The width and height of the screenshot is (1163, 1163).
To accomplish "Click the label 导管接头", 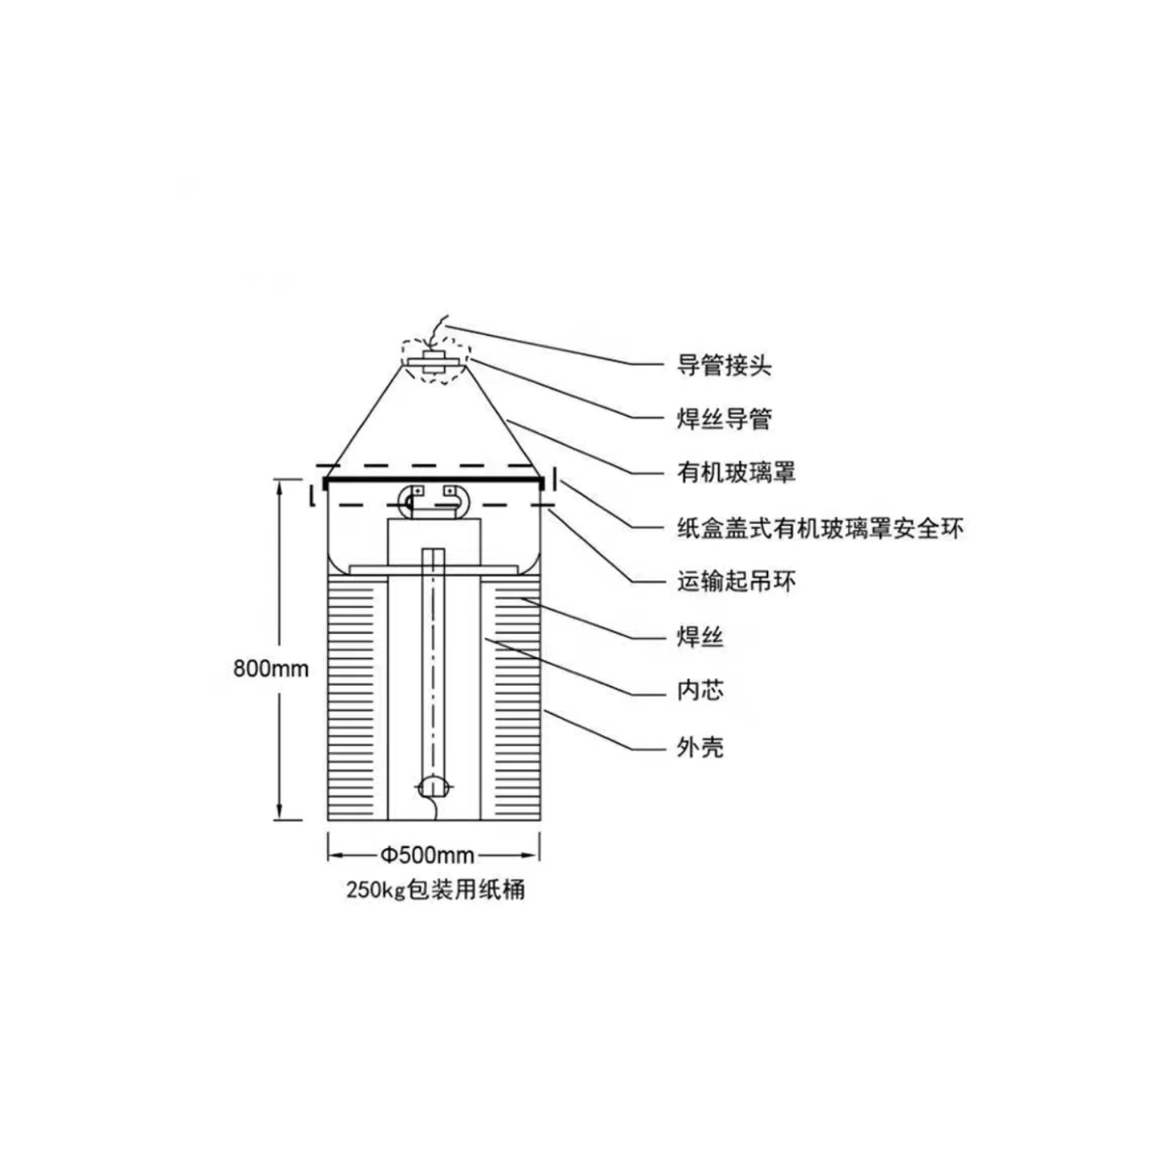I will [724, 366].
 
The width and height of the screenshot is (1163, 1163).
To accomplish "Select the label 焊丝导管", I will [724, 419].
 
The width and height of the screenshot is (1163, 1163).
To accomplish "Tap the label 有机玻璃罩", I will [736, 472].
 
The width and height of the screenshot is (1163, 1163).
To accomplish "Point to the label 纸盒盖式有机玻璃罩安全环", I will [820, 529].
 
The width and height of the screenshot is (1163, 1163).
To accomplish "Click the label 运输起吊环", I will [736, 581].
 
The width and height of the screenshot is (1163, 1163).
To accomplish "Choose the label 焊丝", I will [699, 637].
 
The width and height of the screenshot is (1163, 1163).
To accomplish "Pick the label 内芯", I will [699, 691].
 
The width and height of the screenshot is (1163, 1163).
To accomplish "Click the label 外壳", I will [699, 747].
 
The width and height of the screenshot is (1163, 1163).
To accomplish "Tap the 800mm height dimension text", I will [271, 669].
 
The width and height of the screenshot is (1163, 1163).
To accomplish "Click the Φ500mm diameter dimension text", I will [427, 854].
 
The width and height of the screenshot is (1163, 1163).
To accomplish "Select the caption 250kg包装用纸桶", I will [435, 890].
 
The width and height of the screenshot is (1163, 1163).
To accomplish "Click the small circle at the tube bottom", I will [435, 786].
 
